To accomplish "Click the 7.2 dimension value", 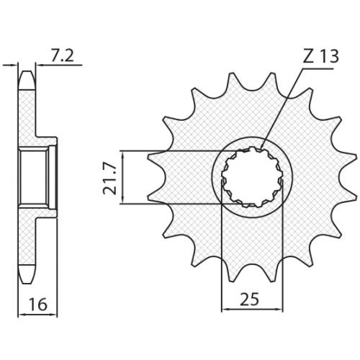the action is coord(63,56).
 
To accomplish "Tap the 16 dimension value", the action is coord(38,305).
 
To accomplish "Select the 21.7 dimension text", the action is coord(109,178).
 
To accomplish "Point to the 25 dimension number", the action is coord(250,299).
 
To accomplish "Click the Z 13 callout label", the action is coord(321,57).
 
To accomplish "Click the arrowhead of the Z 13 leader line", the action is coord(262,147).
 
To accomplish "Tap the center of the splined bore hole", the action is coord(252,178).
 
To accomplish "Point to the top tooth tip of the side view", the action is coord(27,71).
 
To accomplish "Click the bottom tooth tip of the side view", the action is coord(27,284).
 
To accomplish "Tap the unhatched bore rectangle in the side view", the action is coord(34,177).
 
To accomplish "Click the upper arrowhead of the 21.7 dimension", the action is coord(122,154).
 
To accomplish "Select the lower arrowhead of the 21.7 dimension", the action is coord(122,201).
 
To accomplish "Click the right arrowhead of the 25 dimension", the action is coord(280,309).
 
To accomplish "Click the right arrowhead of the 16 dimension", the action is coord(54,315).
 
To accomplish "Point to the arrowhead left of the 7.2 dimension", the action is coord(15,65).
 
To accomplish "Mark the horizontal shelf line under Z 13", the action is coord(318,68).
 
